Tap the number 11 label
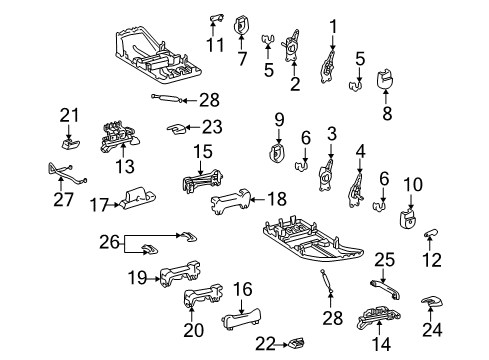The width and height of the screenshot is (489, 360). pyautogui.click(x=214, y=44)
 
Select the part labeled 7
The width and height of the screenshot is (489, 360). pyautogui.click(x=242, y=23)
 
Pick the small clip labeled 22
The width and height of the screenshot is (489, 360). pyautogui.click(x=295, y=345)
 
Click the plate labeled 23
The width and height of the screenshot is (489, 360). pyautogui.click(x=175, y=128)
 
